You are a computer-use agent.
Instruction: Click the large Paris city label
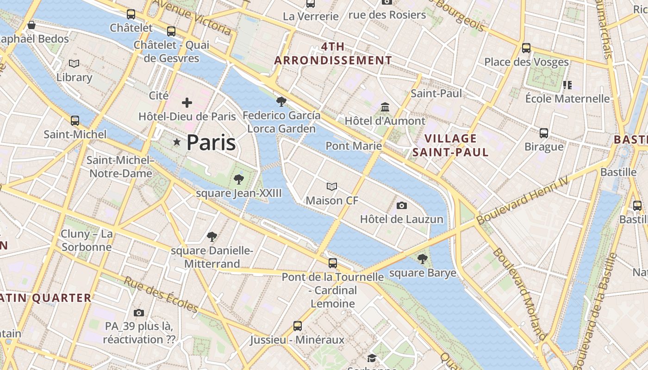click(211, 142)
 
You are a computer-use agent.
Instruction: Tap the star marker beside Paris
click(176, 142)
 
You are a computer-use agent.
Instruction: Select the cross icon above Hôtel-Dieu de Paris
click(187, 103)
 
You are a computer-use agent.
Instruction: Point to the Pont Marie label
click(354, 146)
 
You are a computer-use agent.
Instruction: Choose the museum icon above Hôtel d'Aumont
click(385, 107)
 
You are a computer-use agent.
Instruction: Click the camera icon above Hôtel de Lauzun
click(402, 205)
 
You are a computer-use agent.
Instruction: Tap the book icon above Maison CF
click(332, 187)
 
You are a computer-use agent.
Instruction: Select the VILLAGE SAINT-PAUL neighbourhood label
click(450, 145)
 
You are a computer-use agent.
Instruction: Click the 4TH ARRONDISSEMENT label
click(333, 54)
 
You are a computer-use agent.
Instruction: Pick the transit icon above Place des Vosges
click(526, 48)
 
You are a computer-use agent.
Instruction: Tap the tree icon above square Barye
click(422, 259)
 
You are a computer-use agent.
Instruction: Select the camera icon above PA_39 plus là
click(139, 313)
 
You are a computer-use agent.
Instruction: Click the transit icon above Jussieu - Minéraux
click(298, 326)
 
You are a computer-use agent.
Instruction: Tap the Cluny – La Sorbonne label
click(87, 240)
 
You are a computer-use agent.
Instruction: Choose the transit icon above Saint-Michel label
click(75, 121)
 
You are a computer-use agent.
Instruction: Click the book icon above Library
click(74, 63)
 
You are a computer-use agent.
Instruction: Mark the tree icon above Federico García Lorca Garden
click(281, 102)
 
